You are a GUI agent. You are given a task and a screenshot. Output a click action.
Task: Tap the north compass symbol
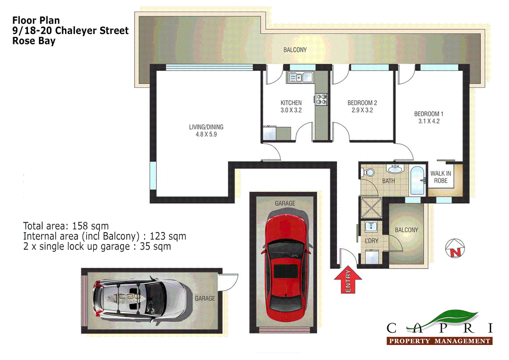pyautogui.click(x=455, y=248)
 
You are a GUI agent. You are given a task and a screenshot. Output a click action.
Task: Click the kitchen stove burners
pyautogui.click(x=321, y=99)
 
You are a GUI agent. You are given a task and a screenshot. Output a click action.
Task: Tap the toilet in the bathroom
pyautogui.click(x=368, y=173)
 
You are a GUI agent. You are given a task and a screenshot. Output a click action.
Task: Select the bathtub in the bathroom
pyautogui.click(x=417, y=180)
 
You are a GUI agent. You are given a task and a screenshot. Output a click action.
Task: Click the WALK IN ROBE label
pyautogui.click(x=440, y=177)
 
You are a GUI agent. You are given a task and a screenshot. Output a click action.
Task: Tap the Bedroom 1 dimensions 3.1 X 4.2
pyautogui.click(x=429, y=121)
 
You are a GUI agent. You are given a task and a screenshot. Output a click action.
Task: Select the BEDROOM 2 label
pyautogui.click(x=362, y=103)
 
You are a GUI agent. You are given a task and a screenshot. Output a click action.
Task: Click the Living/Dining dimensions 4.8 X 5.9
pyautogui.click(x=206, y=134)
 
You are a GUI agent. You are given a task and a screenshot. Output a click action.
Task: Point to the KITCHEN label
pyautogui.click(x=291, y=103)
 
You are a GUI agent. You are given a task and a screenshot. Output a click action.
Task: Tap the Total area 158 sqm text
pyautogui.click(x=66, y=226)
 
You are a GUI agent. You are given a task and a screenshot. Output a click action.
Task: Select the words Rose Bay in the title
pyautogui.click(x=34, y=41)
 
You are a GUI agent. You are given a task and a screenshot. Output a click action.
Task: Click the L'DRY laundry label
pyautogui.click(x=371, y=241)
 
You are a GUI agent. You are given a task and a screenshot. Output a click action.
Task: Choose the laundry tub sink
pyautogui.click(x=371, y=227)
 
